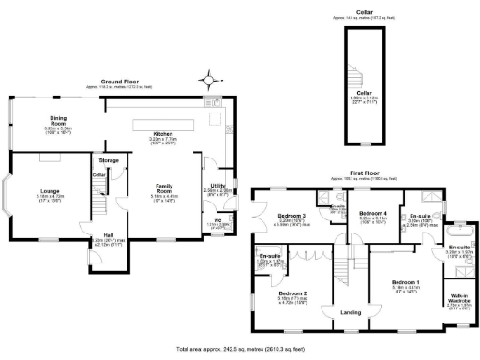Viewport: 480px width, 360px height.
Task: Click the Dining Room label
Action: (58, 120)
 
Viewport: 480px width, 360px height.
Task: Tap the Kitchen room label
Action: (163, 133)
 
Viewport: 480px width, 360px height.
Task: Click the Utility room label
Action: (217, 186)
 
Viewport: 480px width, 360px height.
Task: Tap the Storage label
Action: (110, 160)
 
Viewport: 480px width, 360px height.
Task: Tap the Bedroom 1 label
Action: (406, 281)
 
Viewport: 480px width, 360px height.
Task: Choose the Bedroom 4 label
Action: (373, 213)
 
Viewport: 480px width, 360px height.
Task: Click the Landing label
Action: (350, 311)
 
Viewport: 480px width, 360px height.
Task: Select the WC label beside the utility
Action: (217, 220)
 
